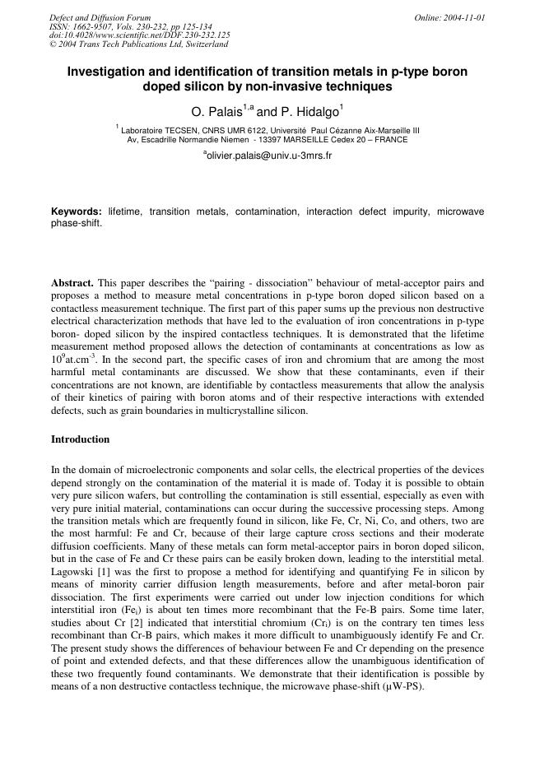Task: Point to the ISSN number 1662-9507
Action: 88,26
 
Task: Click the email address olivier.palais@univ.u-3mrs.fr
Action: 269,155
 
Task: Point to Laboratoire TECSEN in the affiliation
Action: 158,130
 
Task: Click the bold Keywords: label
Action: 77,212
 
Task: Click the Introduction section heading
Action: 80,439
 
